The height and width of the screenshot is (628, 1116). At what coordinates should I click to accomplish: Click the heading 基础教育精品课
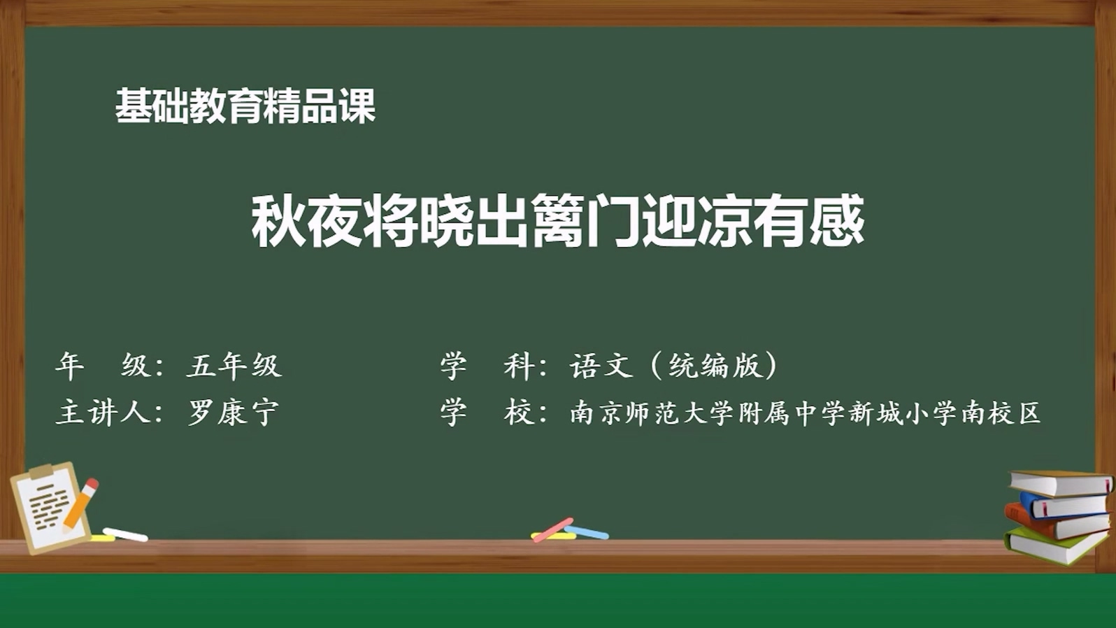coord(245,106)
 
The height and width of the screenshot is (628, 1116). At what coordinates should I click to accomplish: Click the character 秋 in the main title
coord(278,221)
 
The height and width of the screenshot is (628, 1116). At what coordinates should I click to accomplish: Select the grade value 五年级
coord(234,365)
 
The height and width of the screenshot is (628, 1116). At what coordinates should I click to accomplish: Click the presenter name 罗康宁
coord(233,412)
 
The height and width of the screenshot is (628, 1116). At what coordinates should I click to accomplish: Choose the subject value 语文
coord(602,365)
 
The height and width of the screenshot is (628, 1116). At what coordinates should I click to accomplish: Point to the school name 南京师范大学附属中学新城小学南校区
coord(805,413)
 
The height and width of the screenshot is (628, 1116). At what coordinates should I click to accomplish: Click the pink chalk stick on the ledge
coord(552,529)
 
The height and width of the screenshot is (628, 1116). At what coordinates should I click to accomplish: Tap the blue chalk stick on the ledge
coord(587,532)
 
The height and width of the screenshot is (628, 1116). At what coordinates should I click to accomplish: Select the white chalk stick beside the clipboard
coord(125,534)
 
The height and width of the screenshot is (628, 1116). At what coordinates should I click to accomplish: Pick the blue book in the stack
coord(1064,504)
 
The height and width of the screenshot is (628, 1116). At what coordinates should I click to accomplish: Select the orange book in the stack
coord(1056,523)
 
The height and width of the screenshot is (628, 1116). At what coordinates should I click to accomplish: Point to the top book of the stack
coord(1061,483)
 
